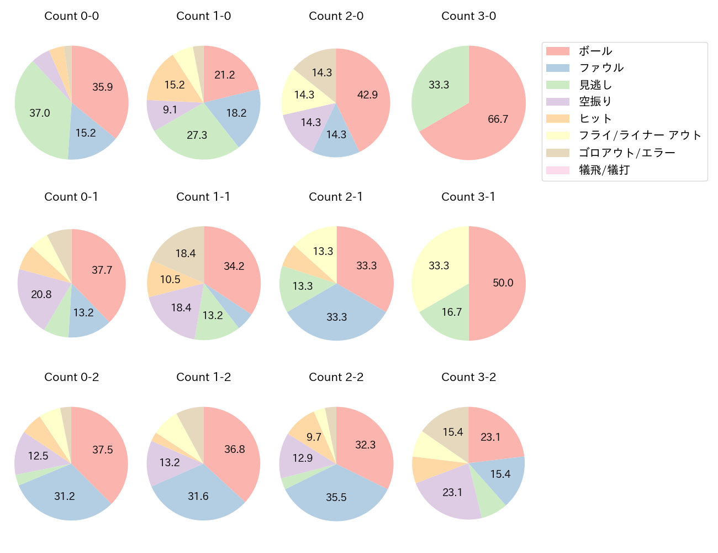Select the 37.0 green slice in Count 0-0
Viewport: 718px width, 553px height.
41,113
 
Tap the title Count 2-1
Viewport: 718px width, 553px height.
336,197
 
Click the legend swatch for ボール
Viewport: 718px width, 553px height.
557,51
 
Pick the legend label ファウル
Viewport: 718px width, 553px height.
601,68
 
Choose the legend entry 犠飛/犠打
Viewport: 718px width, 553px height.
604,170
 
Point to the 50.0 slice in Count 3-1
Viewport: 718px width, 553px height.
500,283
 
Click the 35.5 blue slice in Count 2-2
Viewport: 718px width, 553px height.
336,495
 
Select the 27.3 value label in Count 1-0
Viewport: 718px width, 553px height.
197,135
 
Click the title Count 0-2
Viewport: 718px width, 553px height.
72,377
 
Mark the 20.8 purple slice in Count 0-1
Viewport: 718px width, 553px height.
41,294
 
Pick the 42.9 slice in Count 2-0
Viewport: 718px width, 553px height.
366,95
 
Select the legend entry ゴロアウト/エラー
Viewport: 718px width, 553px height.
627,153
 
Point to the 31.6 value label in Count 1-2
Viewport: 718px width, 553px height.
198,496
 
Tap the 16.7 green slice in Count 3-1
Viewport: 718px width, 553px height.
450,312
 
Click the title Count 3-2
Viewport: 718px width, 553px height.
468,377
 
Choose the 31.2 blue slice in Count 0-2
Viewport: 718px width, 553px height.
65,495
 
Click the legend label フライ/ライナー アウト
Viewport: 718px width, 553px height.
640,135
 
